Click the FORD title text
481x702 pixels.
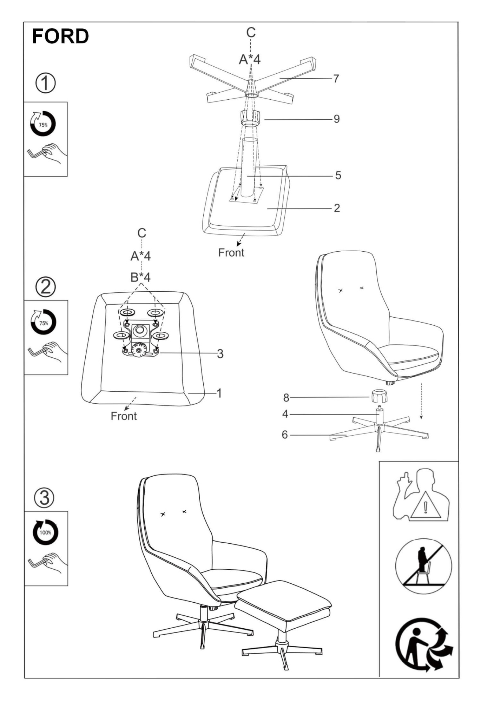coord(60,37)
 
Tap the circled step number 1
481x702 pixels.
coord(45,83)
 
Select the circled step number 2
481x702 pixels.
coord(46,287)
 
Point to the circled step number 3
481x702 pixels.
coord(44,497)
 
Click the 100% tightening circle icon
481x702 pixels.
coord(45,532)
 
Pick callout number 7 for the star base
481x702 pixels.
coord(336,78)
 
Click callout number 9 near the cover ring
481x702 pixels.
coord(336,119)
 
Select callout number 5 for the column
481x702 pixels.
coord(338,175)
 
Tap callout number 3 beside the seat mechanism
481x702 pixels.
coord(220,353)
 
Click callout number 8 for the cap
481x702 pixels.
coord(286,398)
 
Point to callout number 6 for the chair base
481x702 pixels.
coord(285,435)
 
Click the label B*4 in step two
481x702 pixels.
coord(140,277)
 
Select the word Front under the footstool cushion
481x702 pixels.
coord(231,253)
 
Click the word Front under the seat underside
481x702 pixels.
coord(124,416)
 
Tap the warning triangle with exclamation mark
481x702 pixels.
coord(426,506)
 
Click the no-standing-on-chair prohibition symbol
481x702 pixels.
coord(423,566)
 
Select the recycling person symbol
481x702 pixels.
coord(424,644)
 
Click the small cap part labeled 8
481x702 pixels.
coord(379,396)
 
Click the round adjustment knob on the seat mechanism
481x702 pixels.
coord(139,350)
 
